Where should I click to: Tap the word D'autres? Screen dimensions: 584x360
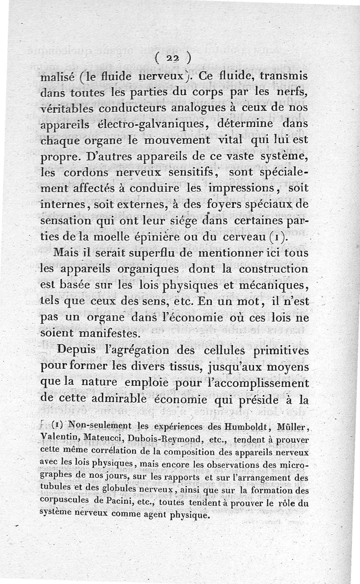pos(112,157)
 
